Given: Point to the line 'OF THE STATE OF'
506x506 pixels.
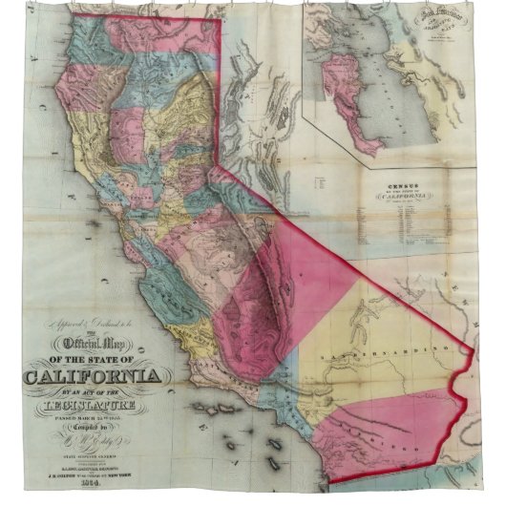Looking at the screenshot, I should [x=95, y=357].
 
